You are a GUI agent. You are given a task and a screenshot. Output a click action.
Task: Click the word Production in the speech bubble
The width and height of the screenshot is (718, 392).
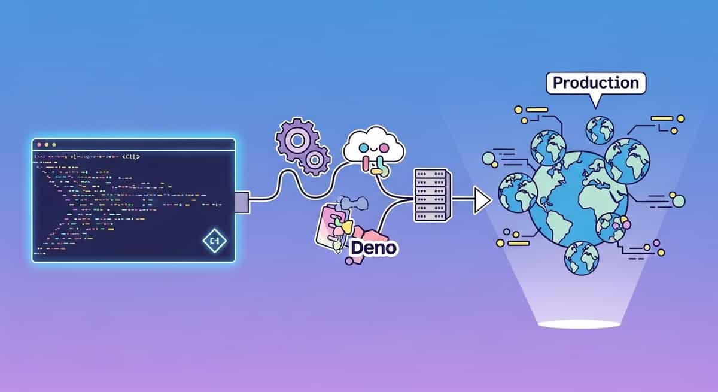point(596,83)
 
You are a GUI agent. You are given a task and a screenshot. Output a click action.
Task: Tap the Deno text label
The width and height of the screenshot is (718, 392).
point(374,247)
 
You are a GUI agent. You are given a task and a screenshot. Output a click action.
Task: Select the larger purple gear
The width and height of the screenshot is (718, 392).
point(294,139)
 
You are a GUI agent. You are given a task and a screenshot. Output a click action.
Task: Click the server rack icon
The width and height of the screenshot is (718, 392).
point(430,195)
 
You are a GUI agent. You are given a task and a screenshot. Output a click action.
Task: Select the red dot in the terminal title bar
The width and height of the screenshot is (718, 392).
point(39,145)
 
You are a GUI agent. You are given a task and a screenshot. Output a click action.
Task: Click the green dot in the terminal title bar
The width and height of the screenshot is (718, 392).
point(53,145)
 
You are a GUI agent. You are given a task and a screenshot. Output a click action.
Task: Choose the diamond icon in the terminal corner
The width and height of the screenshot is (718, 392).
point(213,241)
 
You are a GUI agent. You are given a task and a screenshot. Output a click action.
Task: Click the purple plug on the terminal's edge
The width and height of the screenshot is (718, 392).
point(242,202)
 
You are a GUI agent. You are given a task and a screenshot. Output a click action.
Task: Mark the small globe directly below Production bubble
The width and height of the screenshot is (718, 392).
point(600,127)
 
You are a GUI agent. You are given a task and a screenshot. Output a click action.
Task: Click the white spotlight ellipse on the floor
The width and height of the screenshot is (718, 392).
point(579,324)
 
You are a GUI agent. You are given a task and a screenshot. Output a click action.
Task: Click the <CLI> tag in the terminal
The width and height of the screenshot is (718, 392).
point(130,157)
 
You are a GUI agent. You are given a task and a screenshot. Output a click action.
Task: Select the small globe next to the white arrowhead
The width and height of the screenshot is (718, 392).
point(516,192)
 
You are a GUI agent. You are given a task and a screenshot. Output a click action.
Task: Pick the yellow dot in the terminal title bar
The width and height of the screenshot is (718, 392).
point(47,145)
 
